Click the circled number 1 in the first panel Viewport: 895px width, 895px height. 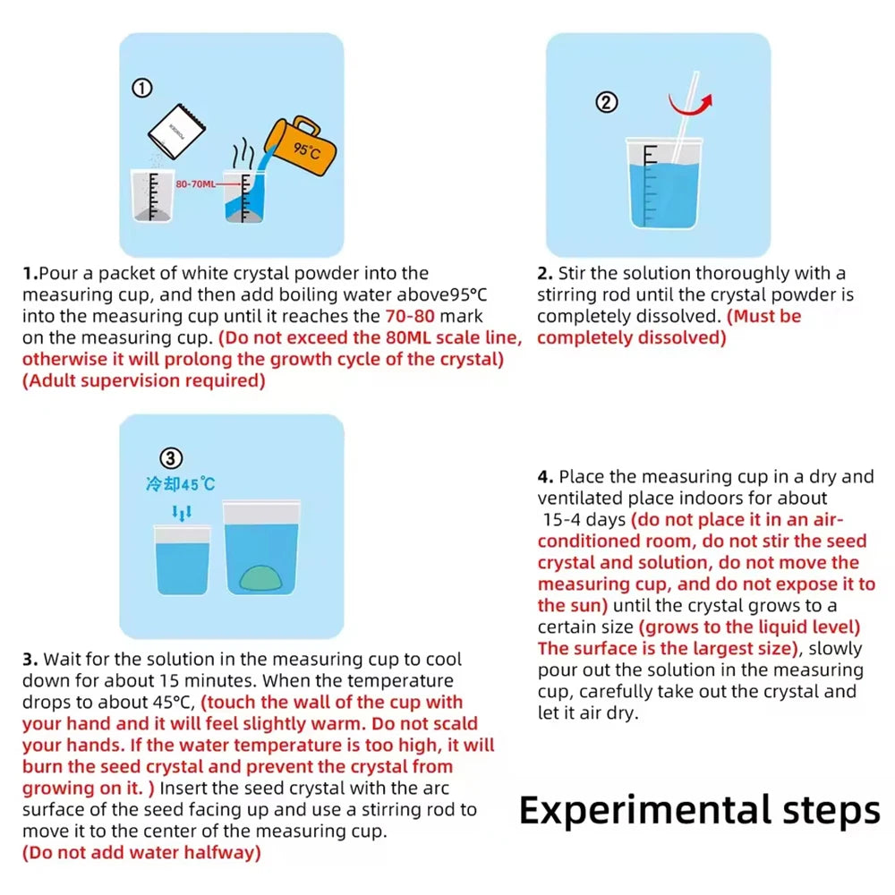click(x=142, y=87)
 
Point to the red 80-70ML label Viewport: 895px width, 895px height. click(x=195, y=183)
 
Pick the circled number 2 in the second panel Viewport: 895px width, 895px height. click(x=607, y=102)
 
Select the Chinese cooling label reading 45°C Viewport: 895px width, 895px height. click(x=181, y=484)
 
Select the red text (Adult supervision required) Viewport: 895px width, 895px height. click(x=144, y=380)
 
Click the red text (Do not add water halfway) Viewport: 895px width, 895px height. click(x=142, y=853)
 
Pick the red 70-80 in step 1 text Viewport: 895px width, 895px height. click(x=413, y=316)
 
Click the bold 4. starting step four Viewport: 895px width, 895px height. click(x=546, y=476)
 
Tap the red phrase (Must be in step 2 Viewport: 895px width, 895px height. click(x=764, y=316)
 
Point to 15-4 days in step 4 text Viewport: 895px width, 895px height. click(x=584, y=519)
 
